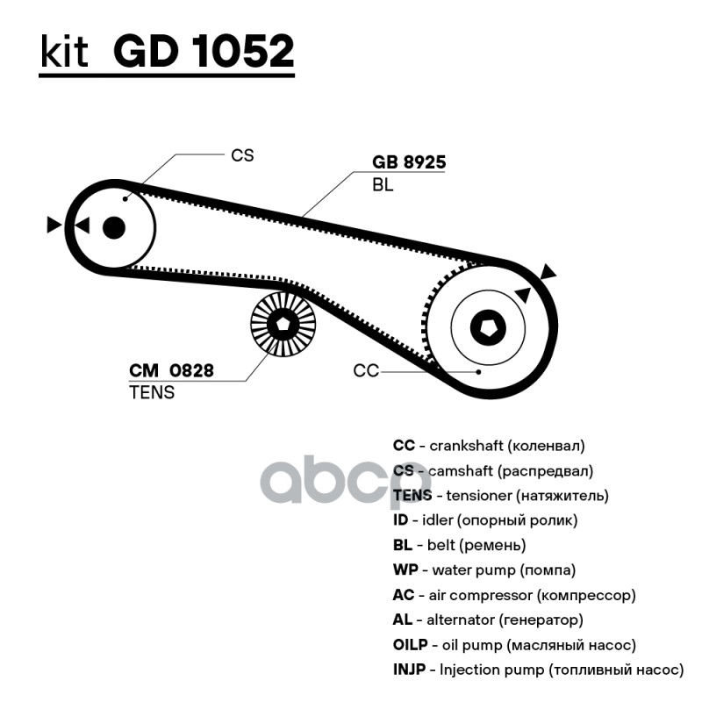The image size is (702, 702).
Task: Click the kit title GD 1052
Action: pos(204,53)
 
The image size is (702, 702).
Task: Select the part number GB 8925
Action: pos(409,162)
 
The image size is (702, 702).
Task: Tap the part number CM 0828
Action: pos(171,370)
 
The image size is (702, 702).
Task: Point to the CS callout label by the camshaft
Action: pos(241,155)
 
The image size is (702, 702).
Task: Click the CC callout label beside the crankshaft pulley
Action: pos(366,371)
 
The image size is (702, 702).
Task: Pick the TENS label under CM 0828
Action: pos(152,392)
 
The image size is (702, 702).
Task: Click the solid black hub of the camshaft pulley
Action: pos(113,227)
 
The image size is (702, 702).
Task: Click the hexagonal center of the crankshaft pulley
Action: pos(488,329)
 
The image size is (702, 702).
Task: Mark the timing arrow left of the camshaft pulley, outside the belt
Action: pos(54,226)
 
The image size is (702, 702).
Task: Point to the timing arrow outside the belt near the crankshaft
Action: pos(549,272)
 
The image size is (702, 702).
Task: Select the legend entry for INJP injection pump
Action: pos(537,670)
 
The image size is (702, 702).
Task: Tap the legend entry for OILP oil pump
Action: pos(513,645)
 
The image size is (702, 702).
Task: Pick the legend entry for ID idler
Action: pos(484,520)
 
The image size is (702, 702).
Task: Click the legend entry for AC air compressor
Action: pos(513,595)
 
